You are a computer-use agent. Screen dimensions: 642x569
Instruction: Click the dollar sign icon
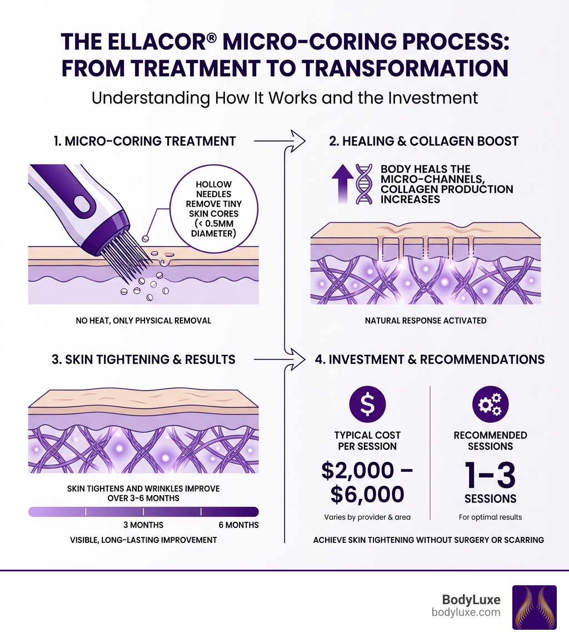(x=367, y=406)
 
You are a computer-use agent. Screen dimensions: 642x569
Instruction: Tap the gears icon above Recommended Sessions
(x=490, y=406)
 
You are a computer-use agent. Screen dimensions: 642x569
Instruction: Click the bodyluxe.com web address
(x=466, y=612)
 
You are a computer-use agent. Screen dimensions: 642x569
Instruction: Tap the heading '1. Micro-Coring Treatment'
(x=145, y=141)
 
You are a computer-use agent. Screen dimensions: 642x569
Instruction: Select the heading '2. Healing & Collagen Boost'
(x=423, y=141)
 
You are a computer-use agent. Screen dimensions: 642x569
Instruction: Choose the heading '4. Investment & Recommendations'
(x=430, y=359)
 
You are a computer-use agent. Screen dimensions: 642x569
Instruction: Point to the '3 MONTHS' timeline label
(x=143, y=525)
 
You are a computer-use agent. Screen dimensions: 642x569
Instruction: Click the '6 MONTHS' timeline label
(x=238, y=525)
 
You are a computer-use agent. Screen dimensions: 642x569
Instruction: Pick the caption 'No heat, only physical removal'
(x=143, y=321)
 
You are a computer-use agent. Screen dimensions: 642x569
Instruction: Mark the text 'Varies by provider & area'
(x=367, y=517)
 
